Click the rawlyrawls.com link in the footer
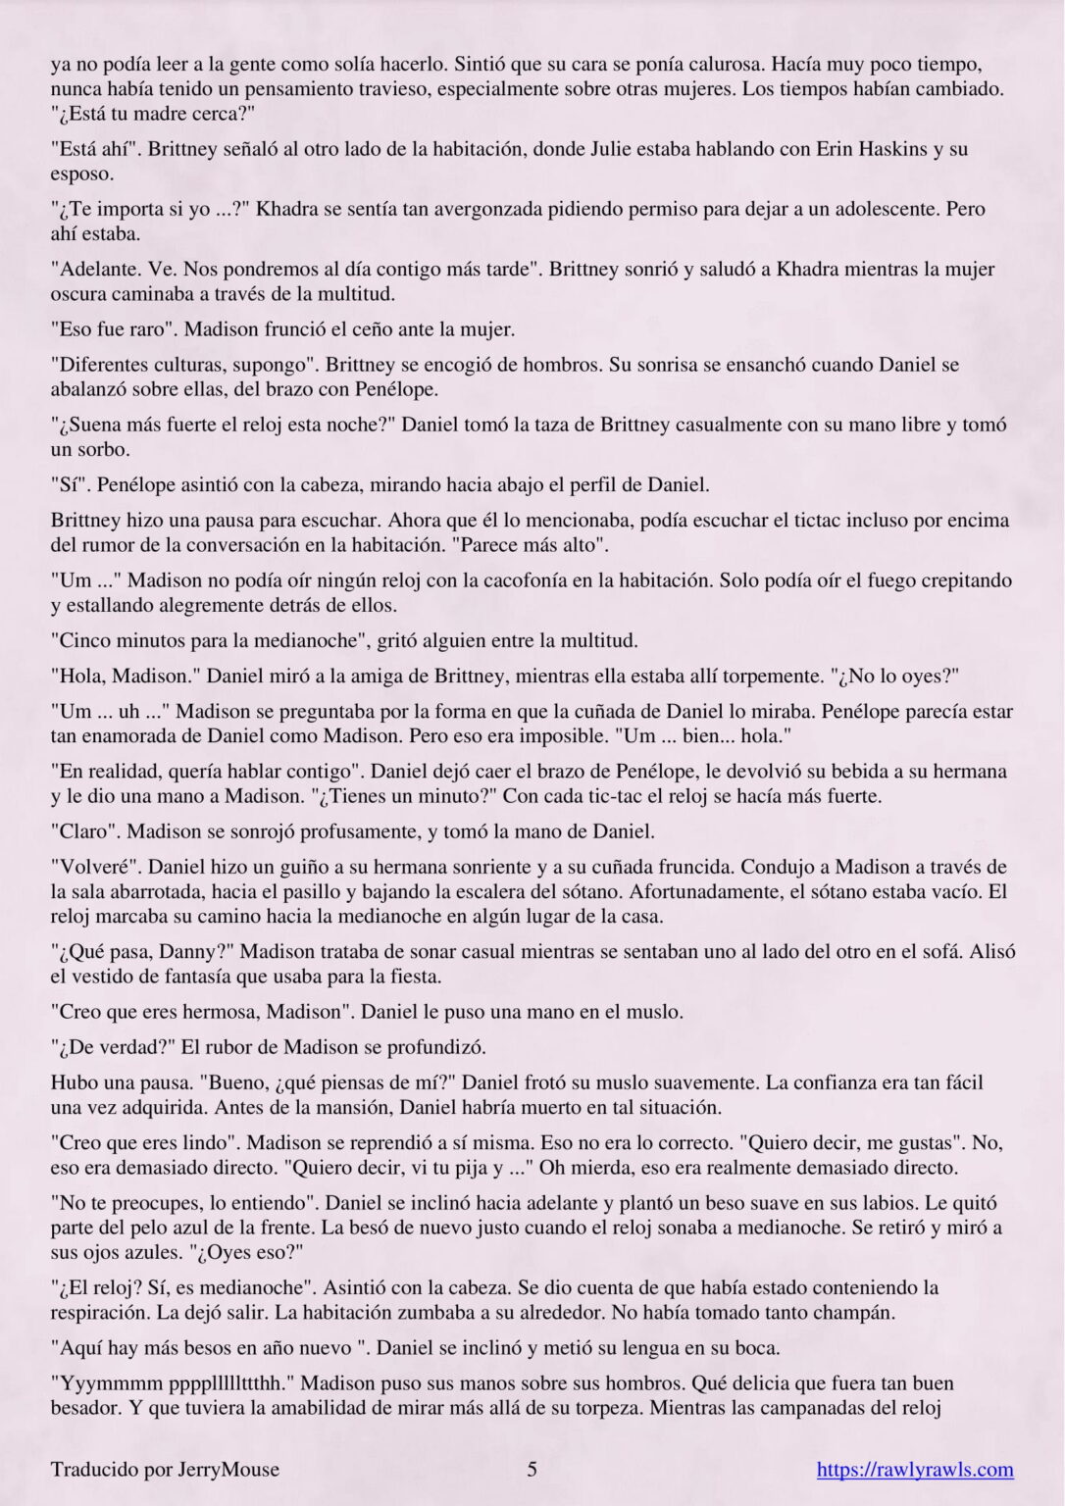(915, 1469)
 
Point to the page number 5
(532, 1469)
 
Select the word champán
(829, 1312)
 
